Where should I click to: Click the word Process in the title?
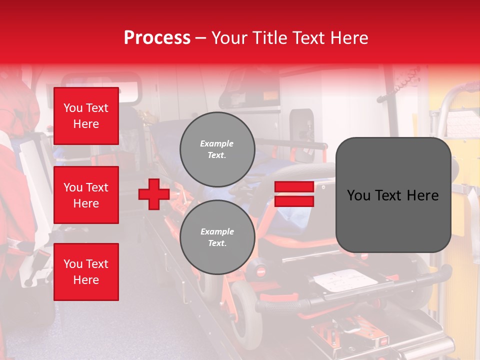[157, 38]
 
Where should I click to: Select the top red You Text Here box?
[86, 116]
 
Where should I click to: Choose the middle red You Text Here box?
[86, 195]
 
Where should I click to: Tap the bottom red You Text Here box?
[86, 272]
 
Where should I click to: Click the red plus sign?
[154, 194]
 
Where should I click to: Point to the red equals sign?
[294, 194]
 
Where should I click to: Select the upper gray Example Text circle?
[217, 149]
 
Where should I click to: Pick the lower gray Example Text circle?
[217, 237]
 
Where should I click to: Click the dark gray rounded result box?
[393, 194]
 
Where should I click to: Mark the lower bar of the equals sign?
[294, 201]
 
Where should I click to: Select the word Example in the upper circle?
[217, 144]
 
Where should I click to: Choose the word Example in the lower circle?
[217, 232]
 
